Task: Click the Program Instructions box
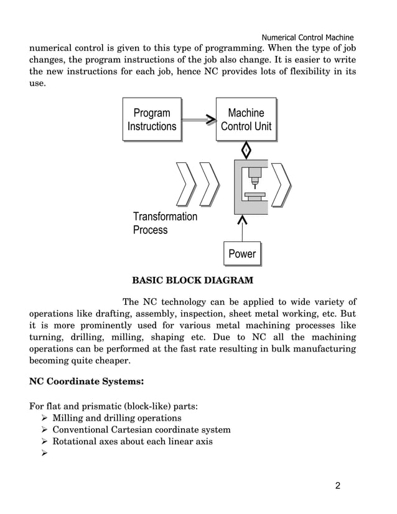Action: click(152, 119)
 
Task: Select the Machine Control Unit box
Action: click(246, 119)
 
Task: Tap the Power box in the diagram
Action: click(242, 253)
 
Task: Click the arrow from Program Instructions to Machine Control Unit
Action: click(198, 119)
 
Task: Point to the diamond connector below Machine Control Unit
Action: click(246, 150)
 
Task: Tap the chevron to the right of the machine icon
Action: click(282, 185)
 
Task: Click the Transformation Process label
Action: click(164, 223)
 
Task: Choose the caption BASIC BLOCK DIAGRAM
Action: click(192, 280)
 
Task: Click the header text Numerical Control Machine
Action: click(307, 37)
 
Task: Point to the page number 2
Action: click(338, 486)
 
